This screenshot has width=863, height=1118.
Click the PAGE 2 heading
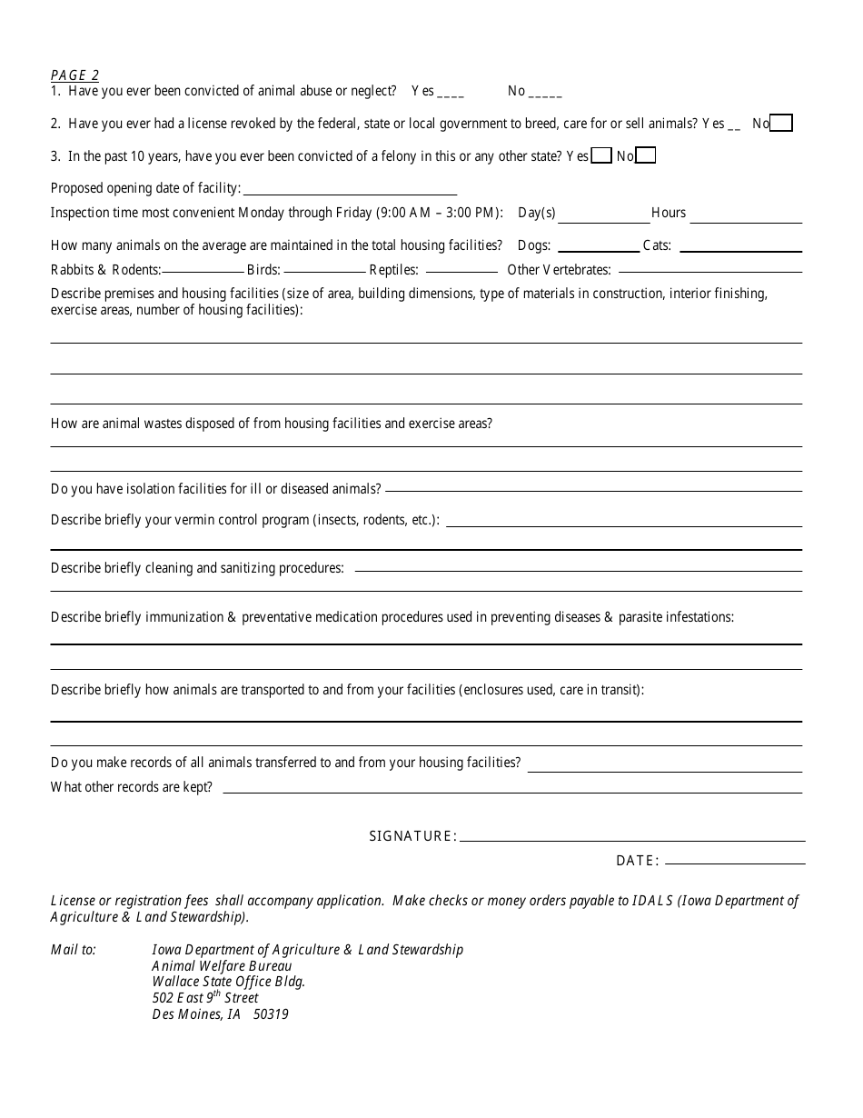click(x=74, y=75)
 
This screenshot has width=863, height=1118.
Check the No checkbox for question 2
click(x=781, y=124)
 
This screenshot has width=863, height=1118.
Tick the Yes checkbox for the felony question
click(x=601, y=156)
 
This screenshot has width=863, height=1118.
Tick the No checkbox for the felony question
click(x=646, y=156)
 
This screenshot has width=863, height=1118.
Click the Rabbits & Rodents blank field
click(x=203, y=270)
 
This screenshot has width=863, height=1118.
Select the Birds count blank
click(x=323, y=270)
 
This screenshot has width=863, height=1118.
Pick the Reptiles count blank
click(x=461, y=270)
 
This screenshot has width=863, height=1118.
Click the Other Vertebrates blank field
click(x=709, y=270)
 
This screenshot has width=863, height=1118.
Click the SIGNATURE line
click(x=632, y=837)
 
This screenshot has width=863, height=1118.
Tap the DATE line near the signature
click(x=735, y=861)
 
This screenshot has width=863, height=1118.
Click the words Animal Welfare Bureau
click(x=222, y=965)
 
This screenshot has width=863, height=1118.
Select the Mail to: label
click(x=73, y=949)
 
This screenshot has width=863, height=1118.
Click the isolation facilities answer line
click(x=593, y=489)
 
